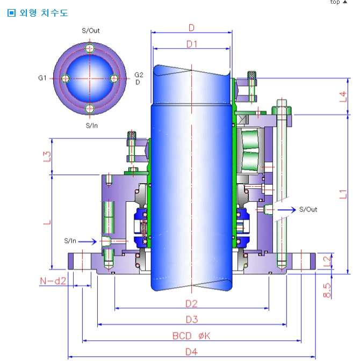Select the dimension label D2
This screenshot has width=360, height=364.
(x=191, y=304)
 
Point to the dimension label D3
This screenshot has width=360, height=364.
(x=192, y=320)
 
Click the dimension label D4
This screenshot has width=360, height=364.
(x=191, y=352)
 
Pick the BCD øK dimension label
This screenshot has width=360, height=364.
(x=191, y=336)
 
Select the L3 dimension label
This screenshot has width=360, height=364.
(x=47, y=156)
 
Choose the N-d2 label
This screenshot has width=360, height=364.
(x=53, y=280)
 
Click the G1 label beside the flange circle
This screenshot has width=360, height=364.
(x=42, y=78)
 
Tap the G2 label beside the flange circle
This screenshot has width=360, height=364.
(x=139, y=75)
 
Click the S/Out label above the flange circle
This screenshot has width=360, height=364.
(x=91, y=31)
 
